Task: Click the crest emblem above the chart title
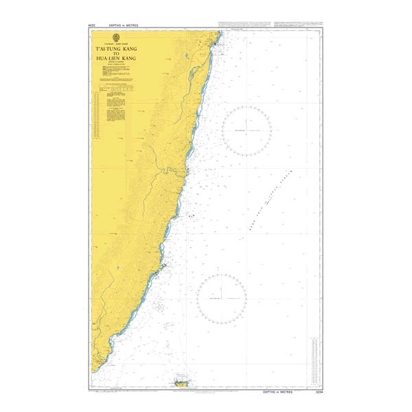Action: pos(115,38)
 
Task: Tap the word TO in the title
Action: pos(115,56)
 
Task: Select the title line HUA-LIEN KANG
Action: pos(115,61)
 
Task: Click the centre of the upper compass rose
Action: pos(247,130)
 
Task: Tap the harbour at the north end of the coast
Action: pos(216,44)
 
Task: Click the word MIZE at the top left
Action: pos(91,25)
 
